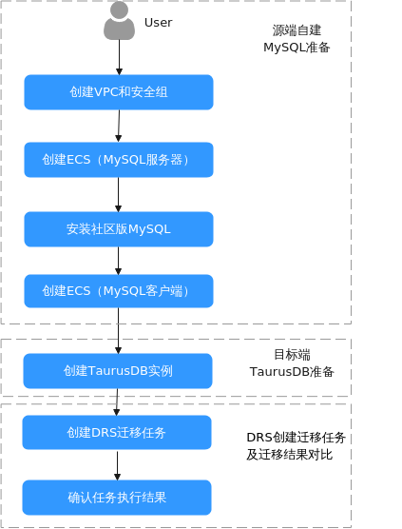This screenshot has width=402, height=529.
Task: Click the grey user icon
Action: click(120, 21)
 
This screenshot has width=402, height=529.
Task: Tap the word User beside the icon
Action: click(158, 23)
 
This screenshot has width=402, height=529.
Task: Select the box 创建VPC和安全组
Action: click(119, 92)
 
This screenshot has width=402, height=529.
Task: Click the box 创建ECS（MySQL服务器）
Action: click(119, 160)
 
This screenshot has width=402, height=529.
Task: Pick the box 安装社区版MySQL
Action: click(119, 229)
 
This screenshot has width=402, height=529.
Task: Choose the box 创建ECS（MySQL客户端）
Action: click(119, 291)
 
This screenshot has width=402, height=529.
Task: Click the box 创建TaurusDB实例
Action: click(118, 371)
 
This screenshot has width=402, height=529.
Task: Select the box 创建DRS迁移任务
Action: click(117, 432)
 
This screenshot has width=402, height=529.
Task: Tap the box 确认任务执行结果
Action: click(117, 498)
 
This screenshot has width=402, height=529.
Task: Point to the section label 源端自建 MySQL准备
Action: click(297, 39)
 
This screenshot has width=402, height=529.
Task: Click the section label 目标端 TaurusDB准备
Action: click(292, 363)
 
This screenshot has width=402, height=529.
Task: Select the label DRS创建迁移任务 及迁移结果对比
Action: click(297, 446)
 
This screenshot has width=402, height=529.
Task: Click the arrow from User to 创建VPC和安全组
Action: click(120, 57)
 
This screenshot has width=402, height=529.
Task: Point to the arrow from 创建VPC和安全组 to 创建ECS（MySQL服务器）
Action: click(119, 127)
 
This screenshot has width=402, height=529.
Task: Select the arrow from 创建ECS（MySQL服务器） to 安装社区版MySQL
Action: click(118, 195)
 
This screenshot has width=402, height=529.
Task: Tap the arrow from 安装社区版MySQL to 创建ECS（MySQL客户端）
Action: click(118, 261)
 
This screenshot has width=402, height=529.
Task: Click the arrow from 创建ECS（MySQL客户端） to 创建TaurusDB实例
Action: click(118, 331)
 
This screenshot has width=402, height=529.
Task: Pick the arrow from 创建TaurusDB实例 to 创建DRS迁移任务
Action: click(117, 402)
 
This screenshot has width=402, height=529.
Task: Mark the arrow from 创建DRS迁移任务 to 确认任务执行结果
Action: click(117, 465)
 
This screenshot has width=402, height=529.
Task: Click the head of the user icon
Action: click(120, 10)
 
